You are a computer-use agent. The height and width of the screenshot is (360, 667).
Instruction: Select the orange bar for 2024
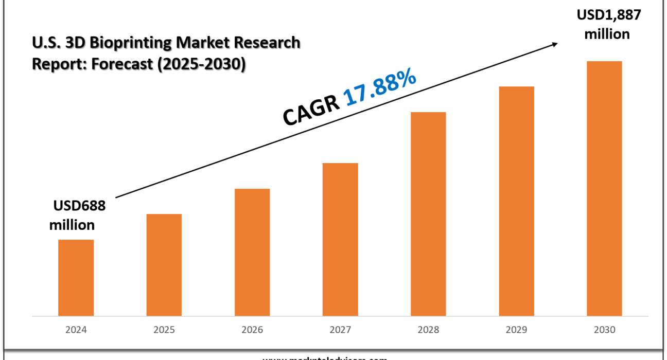point(76,278)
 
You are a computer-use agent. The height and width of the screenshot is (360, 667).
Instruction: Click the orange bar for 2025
point(164,265)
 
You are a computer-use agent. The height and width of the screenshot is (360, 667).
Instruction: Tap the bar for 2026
point(252,252)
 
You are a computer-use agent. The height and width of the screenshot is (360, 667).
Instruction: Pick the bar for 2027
point(340,239)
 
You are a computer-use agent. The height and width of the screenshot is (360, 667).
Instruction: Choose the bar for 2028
point(428,214)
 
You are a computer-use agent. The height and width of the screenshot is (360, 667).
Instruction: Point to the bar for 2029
point(517,201)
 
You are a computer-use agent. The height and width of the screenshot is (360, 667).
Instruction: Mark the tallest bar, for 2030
point(604,188)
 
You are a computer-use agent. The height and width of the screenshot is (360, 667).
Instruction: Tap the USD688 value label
point(79,206)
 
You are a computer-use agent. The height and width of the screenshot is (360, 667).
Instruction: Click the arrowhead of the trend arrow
point(554,44)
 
